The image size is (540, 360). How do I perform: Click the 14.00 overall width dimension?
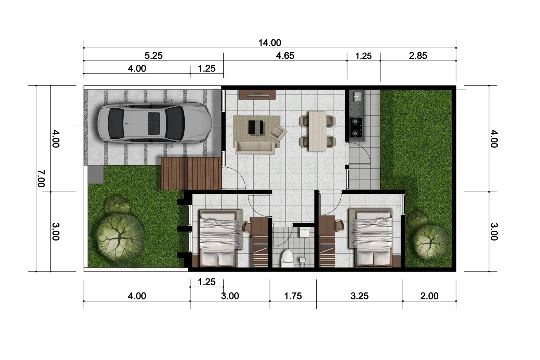pos(270,43)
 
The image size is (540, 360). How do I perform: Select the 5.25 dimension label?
pos(153,56)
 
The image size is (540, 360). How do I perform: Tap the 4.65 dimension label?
pos(285,56)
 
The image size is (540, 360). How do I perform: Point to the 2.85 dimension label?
pos(418,56)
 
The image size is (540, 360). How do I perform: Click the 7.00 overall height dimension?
pos(41,178)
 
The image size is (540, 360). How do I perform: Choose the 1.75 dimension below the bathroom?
pos(293,296)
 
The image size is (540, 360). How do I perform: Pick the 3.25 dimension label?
pos(360,296)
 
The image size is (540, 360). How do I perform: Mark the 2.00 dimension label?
pos(429,296)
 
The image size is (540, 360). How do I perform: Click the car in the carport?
pos(155,122)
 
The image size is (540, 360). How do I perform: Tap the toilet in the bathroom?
pos(287,258)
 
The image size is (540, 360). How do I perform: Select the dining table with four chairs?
pos(317,131)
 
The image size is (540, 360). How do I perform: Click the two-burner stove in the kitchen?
pos(356,127)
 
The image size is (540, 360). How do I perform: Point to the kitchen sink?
pos(357,96)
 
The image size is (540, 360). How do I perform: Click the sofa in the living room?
pos(255,147)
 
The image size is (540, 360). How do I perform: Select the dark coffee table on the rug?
pos(256,127)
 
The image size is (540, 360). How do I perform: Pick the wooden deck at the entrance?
pos(191,174)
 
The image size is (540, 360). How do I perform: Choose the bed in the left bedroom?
pos(220,238)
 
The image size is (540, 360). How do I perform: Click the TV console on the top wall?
pos(258,95)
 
